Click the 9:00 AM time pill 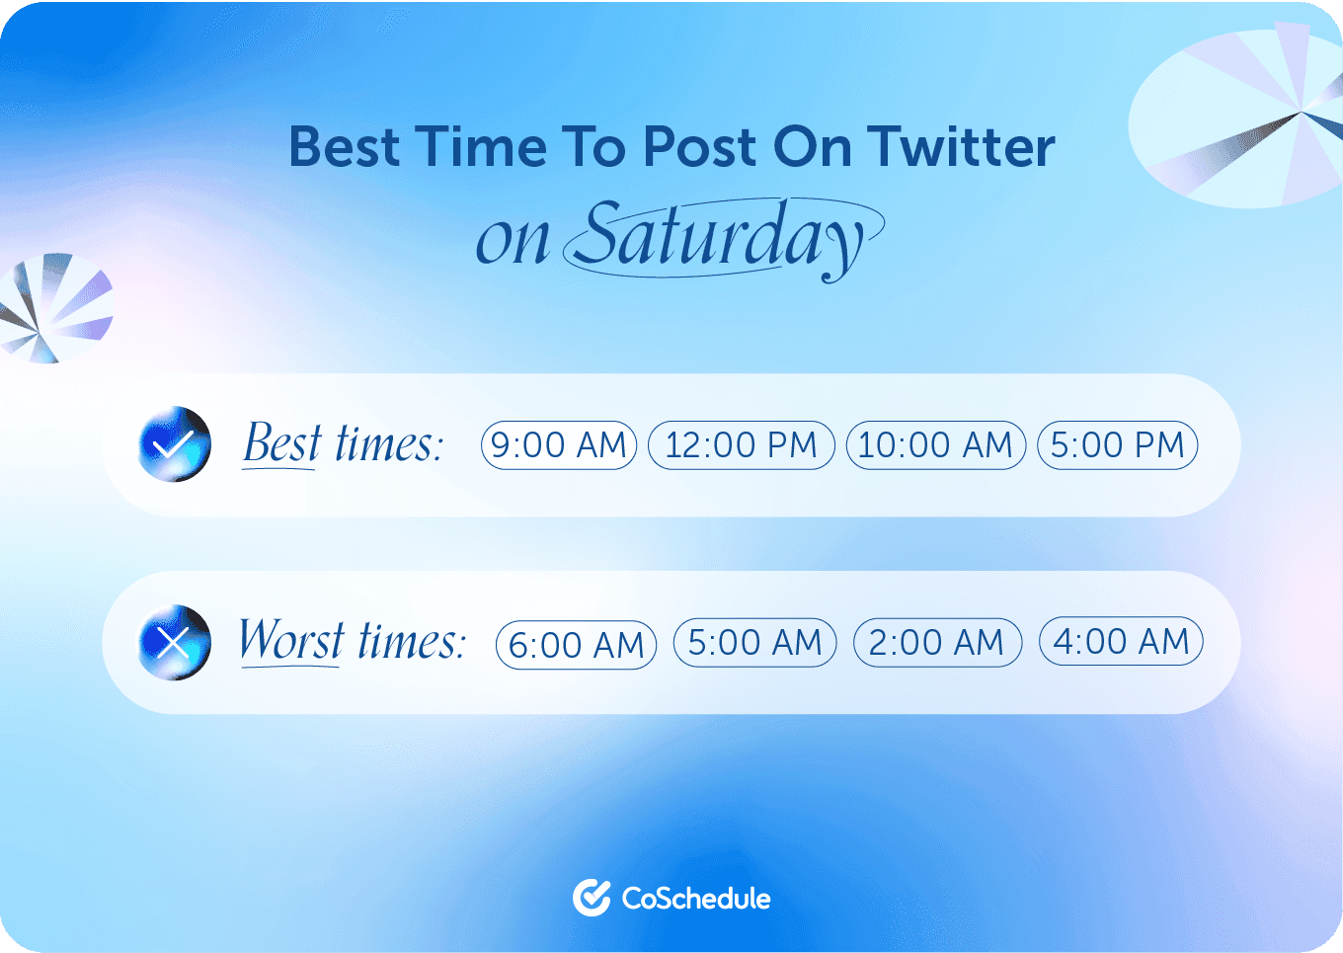pos(559,445)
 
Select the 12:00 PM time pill pos(741,445)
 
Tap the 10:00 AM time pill pos(935,445)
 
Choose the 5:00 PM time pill pos(1117,445)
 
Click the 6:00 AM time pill pos(576,645)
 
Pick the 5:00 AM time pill pos(754,643)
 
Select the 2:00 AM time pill pos(936,643)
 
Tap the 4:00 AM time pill pos(1121,642)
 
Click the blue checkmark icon pos(175,444)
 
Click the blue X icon pos(175,643)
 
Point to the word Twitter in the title pos(962,147)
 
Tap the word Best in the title pos(344,147)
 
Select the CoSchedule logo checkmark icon pos(592,898)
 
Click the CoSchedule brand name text pos(696,899)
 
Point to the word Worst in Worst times pos(292,640)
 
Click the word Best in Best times pos(282,442)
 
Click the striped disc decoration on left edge pos(54,307)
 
